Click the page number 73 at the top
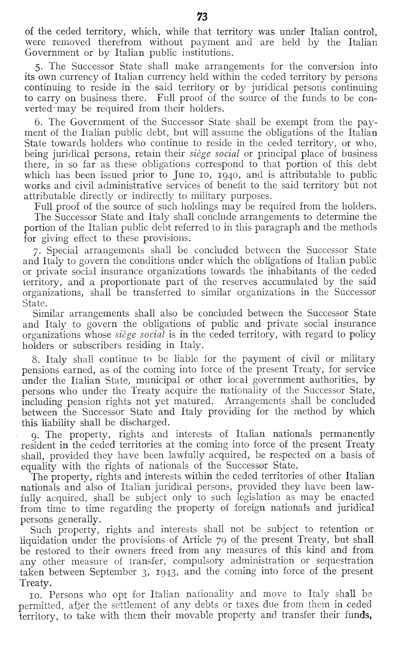tap(202, 17)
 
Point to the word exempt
tap(287, 122)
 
